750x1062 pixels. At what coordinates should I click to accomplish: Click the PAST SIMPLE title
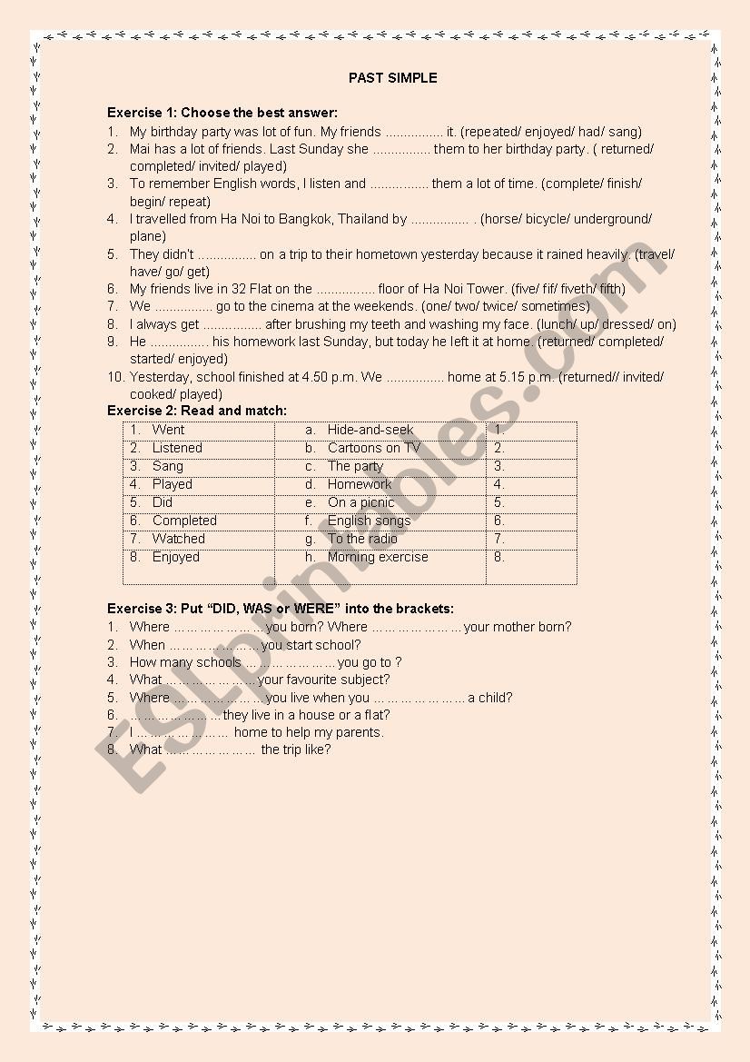coord(392,78)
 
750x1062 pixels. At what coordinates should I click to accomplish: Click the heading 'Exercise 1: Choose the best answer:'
coord(222,114)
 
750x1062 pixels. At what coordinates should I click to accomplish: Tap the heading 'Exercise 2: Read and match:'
coord(197,411)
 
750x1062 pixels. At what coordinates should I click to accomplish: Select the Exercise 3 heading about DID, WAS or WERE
coord(281,609)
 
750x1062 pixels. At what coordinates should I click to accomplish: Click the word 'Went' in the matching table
coord(168,430)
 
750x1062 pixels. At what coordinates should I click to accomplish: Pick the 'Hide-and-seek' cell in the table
coord(370,430)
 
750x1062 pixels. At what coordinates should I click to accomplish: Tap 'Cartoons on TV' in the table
coord(373,448)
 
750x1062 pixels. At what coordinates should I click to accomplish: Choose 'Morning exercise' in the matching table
coord(378,557)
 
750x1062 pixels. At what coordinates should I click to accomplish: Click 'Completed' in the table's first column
coord(184,521)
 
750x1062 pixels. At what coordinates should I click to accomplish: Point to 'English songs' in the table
coord(369,521)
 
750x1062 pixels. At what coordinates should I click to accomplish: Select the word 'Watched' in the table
coord(178,539)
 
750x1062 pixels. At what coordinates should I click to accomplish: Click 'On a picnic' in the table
coord(360,502)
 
